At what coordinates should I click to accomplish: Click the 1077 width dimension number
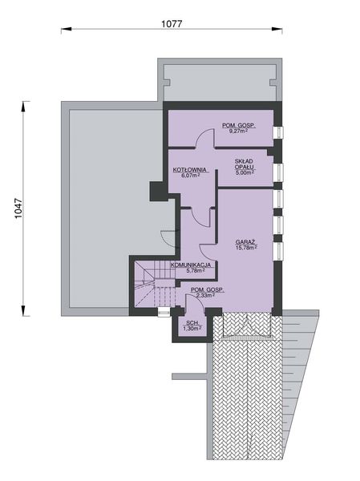tap(169, 24)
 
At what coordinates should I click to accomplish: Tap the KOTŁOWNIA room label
tap(190, 170)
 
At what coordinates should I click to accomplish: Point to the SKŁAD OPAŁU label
tap(245, 164)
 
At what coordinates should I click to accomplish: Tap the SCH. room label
tap(191, 321)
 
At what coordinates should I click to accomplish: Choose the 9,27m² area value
tap(239, 131)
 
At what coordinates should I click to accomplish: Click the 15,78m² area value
tap(245, 248)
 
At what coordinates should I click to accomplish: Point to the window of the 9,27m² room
tap(278, 132)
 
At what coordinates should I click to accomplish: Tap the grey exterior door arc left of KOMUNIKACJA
tap(167, 237)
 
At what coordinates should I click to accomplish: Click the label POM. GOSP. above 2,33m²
tap(208, 289)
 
